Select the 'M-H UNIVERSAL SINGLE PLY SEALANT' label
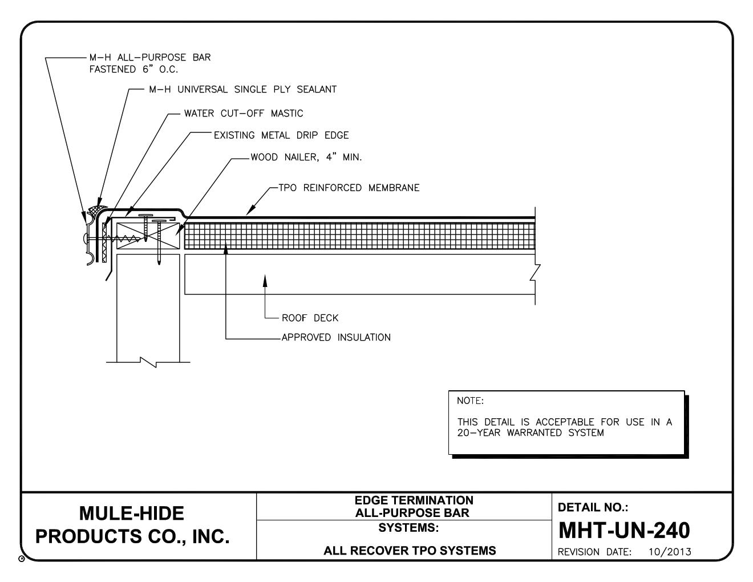tap(242, 90)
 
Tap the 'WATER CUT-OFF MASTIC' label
tap(244, 114)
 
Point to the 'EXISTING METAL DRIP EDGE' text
tap(281, 136)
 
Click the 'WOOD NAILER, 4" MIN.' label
tap(306, 157)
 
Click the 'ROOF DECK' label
tap(310, 318)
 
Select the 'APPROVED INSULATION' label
tap(336, 338)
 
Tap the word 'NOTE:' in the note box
tap(470, 401)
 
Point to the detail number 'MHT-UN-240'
tap(624, 531)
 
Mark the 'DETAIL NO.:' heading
tap(593, 507)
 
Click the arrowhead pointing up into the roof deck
tap(264, 279)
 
